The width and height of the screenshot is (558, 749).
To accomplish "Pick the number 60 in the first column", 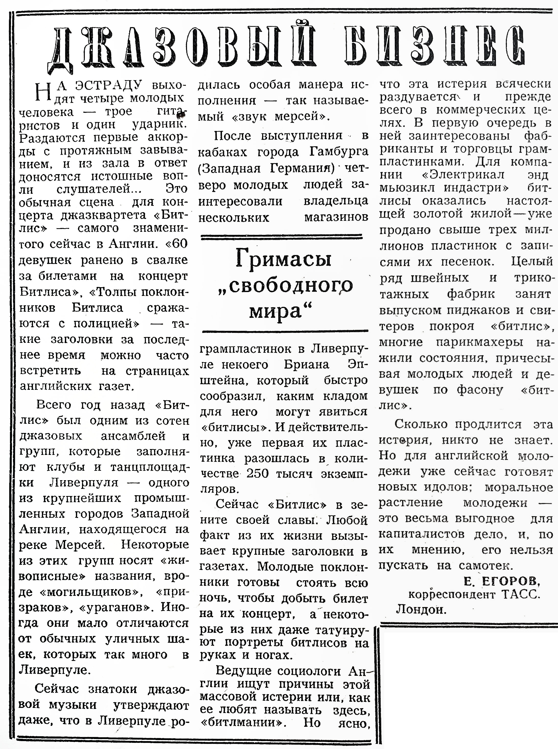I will (179, 244).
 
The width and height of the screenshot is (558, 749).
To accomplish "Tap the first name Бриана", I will (306, 365).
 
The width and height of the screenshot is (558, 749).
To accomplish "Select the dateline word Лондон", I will (421, 609).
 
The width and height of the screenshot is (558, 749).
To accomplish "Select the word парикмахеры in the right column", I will (479, 342).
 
